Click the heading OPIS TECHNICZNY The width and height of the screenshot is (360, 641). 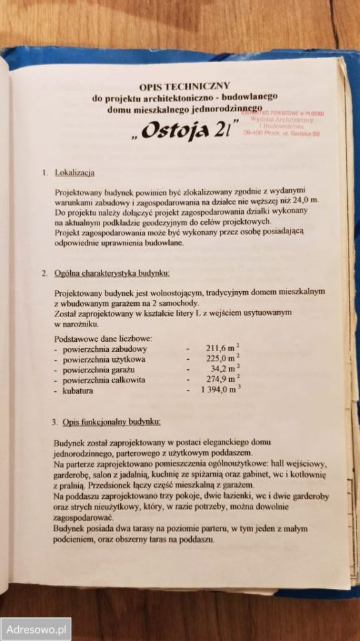coord(184,85)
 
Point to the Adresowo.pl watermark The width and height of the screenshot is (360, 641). coord(35,629)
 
